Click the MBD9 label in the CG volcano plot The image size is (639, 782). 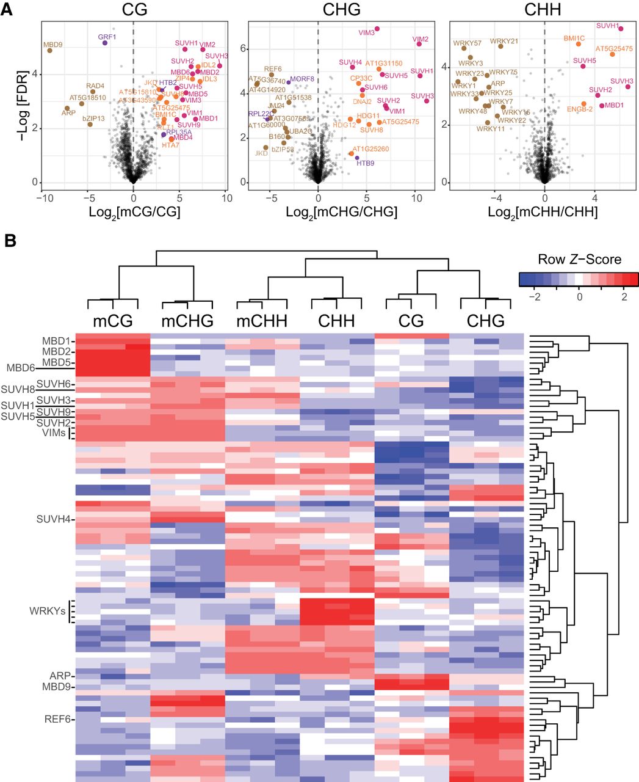coord(52,45)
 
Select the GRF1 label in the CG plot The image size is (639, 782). coord(107,37)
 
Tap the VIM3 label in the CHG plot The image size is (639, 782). coord(367,33)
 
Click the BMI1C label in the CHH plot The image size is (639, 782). coord(574,38)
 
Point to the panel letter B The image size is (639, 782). coord(10,241)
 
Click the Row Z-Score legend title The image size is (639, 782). coord(579,259)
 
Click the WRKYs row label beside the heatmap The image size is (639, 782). coord(47,611)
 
